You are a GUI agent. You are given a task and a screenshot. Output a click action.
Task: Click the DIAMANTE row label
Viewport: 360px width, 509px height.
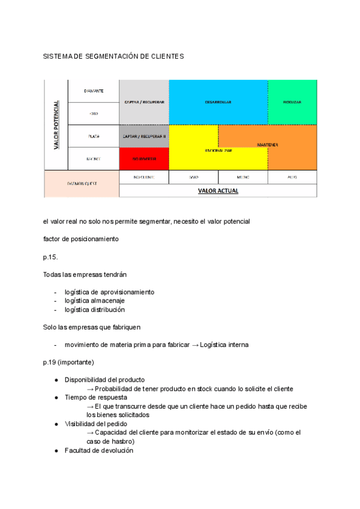click(94, 91)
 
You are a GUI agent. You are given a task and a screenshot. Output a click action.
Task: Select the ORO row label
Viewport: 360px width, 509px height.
click(94, 113)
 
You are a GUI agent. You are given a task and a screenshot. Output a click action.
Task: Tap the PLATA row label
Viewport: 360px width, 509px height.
click(94, 136)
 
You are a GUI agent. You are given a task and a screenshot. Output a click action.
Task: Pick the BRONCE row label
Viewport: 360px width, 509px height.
click(94, 159)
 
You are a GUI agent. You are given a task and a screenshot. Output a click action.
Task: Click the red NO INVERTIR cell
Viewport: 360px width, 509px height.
click(144, 159)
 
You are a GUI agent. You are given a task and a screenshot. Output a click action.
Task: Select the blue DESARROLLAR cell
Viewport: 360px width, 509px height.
click(218, 102)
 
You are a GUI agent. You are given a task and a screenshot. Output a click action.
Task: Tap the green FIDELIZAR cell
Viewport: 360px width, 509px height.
click(292, 102)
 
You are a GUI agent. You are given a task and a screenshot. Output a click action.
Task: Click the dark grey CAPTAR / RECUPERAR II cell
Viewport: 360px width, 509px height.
click(144, 136)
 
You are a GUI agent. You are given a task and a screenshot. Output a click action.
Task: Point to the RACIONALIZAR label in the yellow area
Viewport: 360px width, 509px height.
click(218, 150)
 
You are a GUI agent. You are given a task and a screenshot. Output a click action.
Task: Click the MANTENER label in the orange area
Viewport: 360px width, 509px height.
click(268, 145)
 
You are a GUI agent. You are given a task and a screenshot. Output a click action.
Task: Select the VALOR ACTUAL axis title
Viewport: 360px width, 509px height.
click(218, 191)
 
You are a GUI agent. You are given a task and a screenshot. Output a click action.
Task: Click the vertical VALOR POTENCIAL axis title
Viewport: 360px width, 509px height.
click(56, 125)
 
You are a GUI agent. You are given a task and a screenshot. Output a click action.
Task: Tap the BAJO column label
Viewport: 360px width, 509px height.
click(193, 178)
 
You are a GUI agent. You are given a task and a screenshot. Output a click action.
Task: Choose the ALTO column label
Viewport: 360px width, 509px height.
click(292, 178)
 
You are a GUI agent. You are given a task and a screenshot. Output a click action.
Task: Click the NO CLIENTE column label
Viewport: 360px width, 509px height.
click(144, 178)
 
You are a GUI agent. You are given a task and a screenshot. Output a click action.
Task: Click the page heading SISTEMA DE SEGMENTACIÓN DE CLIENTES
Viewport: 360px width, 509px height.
click(113, 56)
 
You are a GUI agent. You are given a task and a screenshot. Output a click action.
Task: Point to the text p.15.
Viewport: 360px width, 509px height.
click(52, 257)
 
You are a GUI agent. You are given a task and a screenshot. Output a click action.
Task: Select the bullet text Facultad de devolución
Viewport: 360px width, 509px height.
click(99, 450)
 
